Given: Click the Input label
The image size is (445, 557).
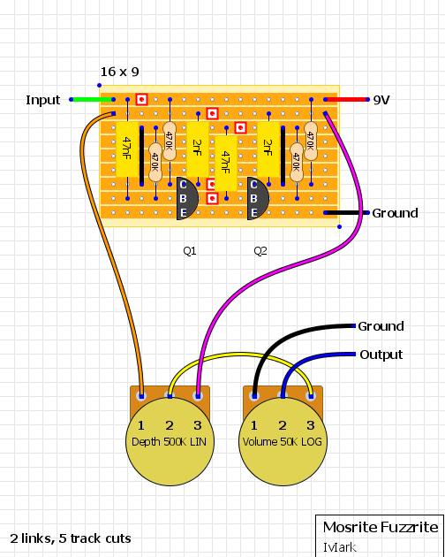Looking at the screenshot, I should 43,100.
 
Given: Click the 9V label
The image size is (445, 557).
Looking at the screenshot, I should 381,100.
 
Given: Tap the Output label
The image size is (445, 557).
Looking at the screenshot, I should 381,355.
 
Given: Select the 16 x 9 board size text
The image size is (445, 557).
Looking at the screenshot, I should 119,72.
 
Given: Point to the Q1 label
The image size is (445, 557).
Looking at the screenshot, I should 190,251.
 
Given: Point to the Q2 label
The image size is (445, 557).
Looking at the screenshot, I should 260,251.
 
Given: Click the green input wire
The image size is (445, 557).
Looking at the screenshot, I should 92,100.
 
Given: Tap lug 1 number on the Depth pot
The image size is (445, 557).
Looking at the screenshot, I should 140,425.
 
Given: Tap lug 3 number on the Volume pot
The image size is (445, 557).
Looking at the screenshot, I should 310,425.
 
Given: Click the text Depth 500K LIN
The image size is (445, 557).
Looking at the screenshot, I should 169,441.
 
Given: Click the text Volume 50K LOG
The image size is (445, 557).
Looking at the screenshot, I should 282,441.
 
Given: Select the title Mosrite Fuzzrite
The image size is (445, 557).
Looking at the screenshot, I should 380,527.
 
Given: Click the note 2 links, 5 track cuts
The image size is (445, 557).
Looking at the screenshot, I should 71,538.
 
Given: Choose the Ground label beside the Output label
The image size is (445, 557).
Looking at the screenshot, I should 381,326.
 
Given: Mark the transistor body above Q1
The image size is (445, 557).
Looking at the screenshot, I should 186,198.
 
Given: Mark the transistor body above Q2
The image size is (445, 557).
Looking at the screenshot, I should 257,198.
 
